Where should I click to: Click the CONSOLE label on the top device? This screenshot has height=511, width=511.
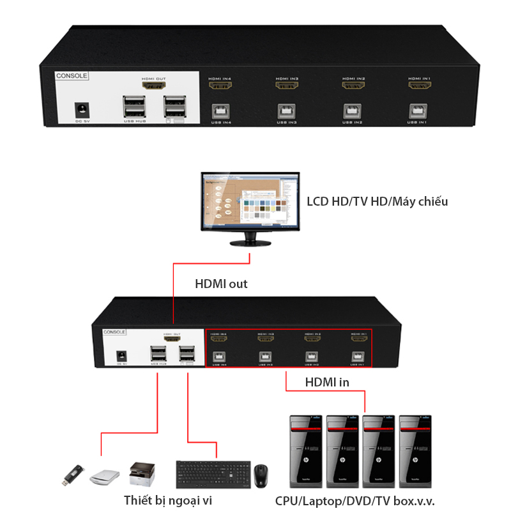coord(72,75)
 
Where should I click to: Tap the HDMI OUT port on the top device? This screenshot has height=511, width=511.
coord(153,86)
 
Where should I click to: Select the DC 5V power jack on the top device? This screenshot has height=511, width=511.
coord(82,109)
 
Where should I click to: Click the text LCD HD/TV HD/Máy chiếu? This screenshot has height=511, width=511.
coord(378,202)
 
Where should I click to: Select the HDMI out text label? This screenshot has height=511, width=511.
coord(221,284)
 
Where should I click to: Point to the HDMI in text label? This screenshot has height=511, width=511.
coord(326,382)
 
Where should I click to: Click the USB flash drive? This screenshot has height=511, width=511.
coord(72,473)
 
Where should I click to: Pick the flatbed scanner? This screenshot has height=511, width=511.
coord(105,475)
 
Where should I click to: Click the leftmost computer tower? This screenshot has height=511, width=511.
coord(305,452)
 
